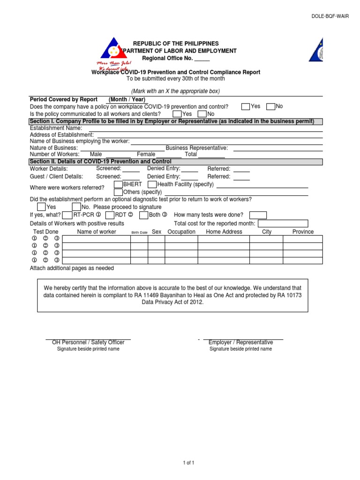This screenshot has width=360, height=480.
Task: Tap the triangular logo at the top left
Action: [x=113, y=48]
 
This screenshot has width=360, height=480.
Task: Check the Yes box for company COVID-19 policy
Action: [x=246, y=107]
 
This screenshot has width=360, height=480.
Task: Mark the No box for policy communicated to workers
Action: [x=202, y=114]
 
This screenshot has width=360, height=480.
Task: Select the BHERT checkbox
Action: [x=118, y=185]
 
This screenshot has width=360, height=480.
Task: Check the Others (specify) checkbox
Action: [x=118, y=192]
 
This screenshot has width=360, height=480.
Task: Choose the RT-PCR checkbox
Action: [x=67, y=215]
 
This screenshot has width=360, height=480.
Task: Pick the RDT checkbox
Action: [x=110, y=215]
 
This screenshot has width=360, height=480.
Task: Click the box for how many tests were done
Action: [x=258, y=215]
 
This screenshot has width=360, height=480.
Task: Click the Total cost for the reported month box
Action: [x=283, y=224]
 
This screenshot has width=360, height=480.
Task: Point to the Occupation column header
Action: [x=181, y=232]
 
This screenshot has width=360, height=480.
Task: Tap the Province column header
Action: [x=303, y=232]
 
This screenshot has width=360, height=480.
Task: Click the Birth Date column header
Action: [x=139, y=232]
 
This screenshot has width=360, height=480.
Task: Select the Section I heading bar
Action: [x=176, y=122]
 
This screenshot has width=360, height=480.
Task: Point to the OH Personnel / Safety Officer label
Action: [x=88, y=343]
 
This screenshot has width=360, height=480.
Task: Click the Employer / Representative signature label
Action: [x=240, y=343]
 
